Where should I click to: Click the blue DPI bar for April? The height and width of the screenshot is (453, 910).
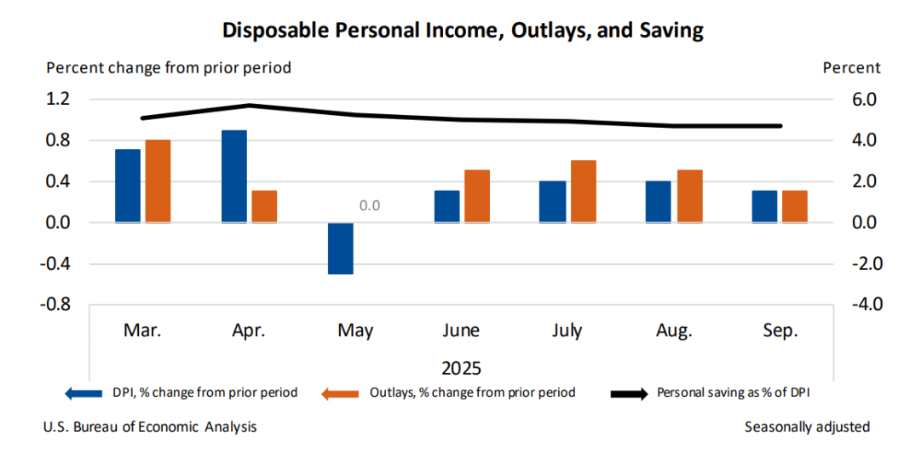pyautogui.click(x=233, y=176)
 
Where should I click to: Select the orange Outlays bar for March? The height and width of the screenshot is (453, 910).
pyautogui.click(x=157, y=181)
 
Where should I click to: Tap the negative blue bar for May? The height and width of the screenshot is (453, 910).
pyautogui.click(x=340, y=248)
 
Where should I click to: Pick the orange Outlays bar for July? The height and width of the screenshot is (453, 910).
pyautogui.click(x=583, y=191)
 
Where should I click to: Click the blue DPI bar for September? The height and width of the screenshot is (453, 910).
pyautogui.click(x=764, y=206)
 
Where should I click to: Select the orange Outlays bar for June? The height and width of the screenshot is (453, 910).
pyautogui.click(x=476, y=196)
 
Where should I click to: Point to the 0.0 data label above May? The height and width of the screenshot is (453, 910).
pyautogui.click(x=369, y=205)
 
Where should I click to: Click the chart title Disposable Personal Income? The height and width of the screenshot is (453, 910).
pyautogui.click(x=463, y=31)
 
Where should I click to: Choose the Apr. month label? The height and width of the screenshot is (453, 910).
pyautogui.click(x=248, y=330)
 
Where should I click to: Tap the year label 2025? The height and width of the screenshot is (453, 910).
pyautogui.click(x=461, y=369)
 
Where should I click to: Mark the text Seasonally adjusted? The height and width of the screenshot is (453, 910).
pyautogui.click(x=807, y=427)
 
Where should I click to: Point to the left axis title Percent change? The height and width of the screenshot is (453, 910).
pyautogui.click(x=169, y=67)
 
